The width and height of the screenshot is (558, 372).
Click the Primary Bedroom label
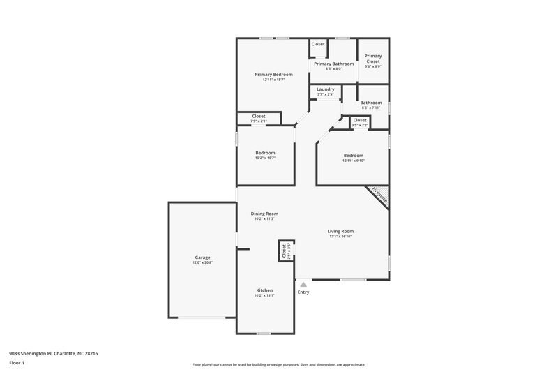(273, 75)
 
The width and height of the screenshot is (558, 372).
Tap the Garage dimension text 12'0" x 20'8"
(202, 262)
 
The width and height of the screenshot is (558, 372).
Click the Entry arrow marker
(303, 284)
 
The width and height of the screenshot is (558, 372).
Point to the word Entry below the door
(303, 292)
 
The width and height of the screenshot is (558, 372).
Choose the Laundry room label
(325, 89)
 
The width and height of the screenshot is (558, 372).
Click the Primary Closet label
(373, 59)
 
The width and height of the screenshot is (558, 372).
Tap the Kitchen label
(264, 290)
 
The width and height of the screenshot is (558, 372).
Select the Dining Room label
(264, 214)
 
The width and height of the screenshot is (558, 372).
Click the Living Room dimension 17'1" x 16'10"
(341, 237)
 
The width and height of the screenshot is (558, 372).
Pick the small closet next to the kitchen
(285, 251)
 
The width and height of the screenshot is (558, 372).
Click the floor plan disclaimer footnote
(278, 364)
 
